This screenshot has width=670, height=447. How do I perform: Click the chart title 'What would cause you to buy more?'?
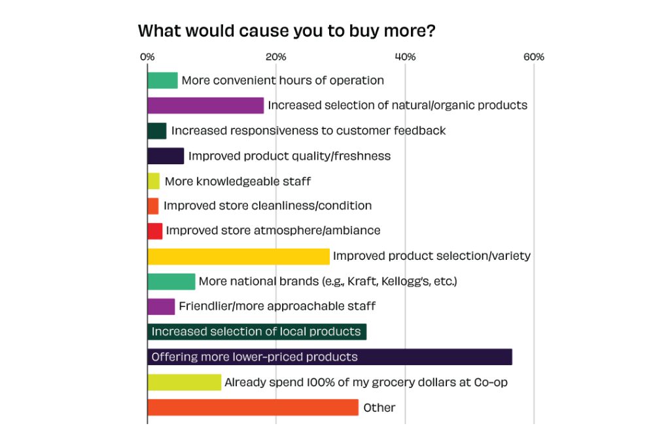[x=287, y=31]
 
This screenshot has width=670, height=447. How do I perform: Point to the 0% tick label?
[x=147, y=57]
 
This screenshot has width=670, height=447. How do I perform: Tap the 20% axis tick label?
[x=275, y=57]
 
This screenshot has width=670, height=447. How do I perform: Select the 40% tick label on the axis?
[x=405, y=57]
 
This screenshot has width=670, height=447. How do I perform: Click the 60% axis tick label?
[x=534, y=57]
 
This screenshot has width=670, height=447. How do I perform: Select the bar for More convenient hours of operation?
[x=162, y=80]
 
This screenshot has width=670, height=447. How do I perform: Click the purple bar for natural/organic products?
[x=205, y=105]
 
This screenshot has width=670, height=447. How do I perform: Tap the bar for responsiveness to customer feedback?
[x=157, y=131]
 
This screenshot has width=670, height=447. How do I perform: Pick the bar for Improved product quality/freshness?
[x=166, y=156]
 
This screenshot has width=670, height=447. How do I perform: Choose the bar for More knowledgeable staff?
[x=154, y=181]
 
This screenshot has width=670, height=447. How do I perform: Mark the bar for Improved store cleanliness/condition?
[x=153, y=206]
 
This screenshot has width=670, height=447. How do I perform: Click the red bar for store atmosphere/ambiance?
[x=155, y=231]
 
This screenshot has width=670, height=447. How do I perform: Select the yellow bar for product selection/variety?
[x=238, y=257]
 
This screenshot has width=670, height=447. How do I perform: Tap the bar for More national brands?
[x=171, y=281]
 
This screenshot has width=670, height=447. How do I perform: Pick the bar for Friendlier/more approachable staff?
[x=161, y=306]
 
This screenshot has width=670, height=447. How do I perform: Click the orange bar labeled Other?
[x=253, y=407]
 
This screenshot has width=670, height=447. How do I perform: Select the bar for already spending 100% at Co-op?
[x=184, y=382]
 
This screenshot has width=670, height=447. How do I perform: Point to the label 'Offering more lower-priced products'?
[x=255, y=357]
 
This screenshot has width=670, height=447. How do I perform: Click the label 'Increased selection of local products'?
[x=256, y=332]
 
